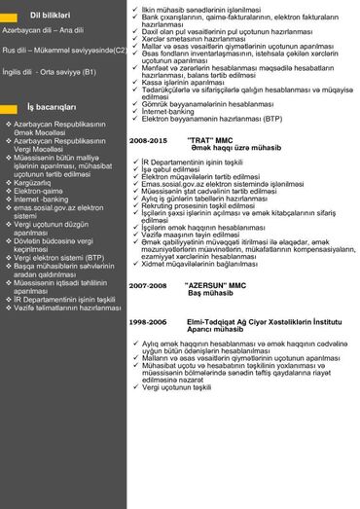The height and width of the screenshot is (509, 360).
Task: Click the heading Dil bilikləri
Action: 51,16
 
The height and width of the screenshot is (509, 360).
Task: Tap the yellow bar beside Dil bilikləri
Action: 13,16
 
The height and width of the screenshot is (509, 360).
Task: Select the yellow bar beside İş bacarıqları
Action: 13,107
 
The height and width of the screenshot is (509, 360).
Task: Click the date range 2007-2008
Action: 153,284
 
